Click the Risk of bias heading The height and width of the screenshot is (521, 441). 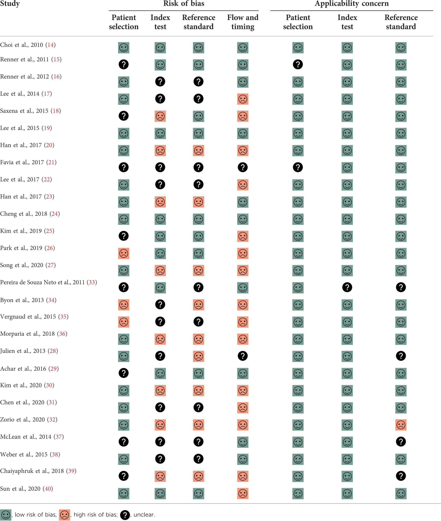(184, 4)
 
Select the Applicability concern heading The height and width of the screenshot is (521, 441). (351, 4)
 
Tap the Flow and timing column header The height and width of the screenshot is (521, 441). (243, 22)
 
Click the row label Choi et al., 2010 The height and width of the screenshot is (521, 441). (22, 45)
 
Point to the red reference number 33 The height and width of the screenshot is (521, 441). (92, 282)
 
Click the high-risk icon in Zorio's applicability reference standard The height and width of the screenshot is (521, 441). (401, 425)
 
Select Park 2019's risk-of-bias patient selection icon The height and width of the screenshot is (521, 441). (124, 253)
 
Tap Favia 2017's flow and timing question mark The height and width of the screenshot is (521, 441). (243, 167)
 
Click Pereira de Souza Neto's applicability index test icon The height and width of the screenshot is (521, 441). (347, 287)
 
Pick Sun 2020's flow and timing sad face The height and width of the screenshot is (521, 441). (243, 494)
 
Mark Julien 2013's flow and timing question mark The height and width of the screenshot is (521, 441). (243, 356)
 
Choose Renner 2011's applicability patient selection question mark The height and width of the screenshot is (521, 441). (298, 64)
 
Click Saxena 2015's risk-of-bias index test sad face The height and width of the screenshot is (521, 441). (160, 116)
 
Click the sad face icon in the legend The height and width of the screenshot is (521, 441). (65, 515)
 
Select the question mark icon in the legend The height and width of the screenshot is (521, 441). (125, 515)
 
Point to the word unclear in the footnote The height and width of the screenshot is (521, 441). (144, 515)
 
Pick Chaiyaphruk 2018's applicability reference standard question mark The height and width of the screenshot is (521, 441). (401, 476)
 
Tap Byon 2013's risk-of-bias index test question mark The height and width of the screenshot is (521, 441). (160, 304)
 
